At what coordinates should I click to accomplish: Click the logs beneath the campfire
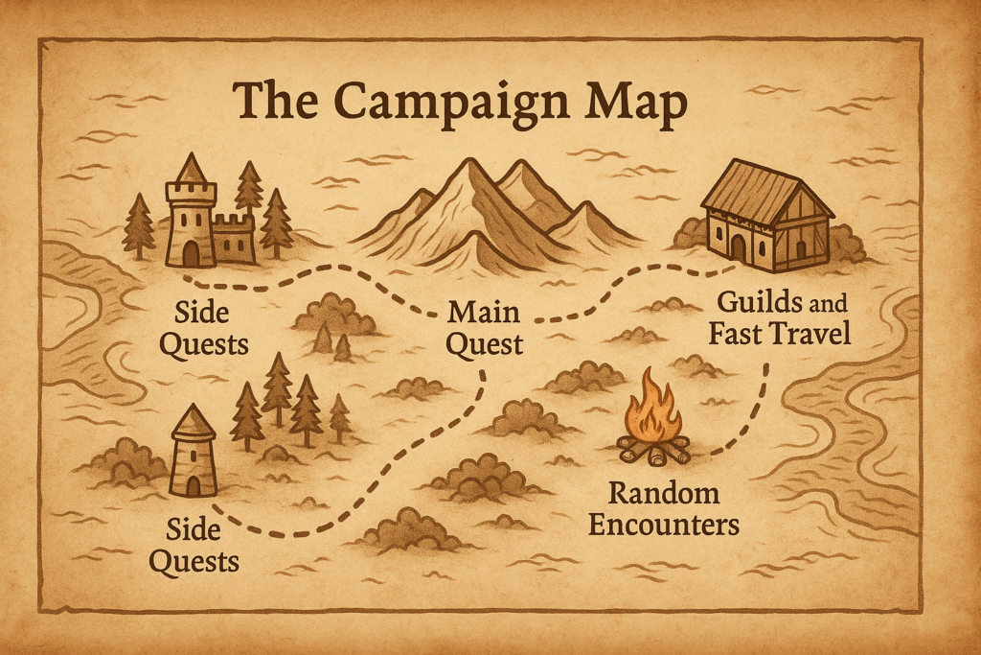652,450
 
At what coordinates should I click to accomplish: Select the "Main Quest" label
485,328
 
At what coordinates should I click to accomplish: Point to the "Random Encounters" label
664,509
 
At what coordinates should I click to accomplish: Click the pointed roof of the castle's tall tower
192,170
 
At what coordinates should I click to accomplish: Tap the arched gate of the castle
192,253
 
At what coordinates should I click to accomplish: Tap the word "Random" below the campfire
664,494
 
